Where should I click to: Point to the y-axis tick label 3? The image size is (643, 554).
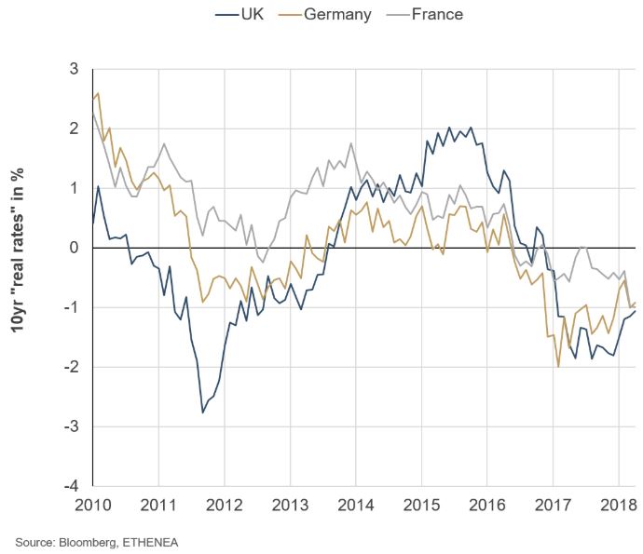pyautogui.click(x=73, y=69)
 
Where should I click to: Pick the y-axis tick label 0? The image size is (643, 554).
pyautogui.click(x=73, y=248)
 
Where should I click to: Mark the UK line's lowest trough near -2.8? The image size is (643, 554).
pyautogui.click(x=203, y=412)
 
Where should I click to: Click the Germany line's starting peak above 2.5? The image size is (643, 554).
pyautogui.click(x=99, y=93)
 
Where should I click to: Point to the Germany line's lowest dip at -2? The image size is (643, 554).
pyautogui.click(x=558, y=367)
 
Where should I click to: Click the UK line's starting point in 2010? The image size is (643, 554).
pyautogui.click(x=93, y=223)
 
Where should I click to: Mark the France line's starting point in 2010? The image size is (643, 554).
pyautogui.click(x=93, y=114)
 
